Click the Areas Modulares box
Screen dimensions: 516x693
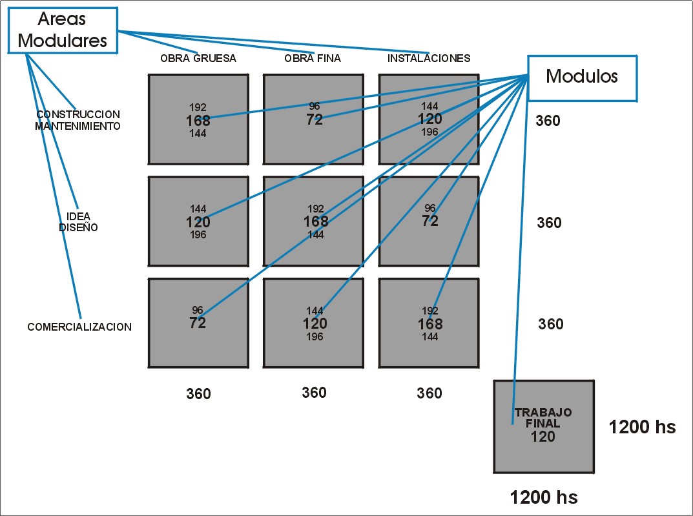62,30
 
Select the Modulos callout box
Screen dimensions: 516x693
582,77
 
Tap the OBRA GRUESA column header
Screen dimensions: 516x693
198,58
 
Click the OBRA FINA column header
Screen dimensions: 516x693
313,58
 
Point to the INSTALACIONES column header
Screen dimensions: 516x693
429,58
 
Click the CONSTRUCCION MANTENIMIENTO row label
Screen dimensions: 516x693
78,120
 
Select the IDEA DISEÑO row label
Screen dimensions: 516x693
78,222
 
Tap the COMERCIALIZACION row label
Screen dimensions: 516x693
79,327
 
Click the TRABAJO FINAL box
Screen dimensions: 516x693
543,426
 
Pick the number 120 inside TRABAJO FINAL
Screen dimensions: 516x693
543,437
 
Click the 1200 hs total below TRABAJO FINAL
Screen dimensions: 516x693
544,497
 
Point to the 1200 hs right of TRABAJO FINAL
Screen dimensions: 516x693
642,427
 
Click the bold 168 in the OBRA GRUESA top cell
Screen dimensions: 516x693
198,120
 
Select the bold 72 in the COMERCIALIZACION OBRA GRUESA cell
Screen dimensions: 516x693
198,323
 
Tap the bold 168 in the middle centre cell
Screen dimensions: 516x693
316,222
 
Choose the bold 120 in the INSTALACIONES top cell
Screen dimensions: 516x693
429,119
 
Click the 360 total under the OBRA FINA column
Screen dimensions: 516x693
314,393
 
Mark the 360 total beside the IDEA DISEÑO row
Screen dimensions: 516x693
549,223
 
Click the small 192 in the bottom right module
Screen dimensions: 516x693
429,311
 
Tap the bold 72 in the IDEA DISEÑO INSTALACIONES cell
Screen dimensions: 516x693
430,221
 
